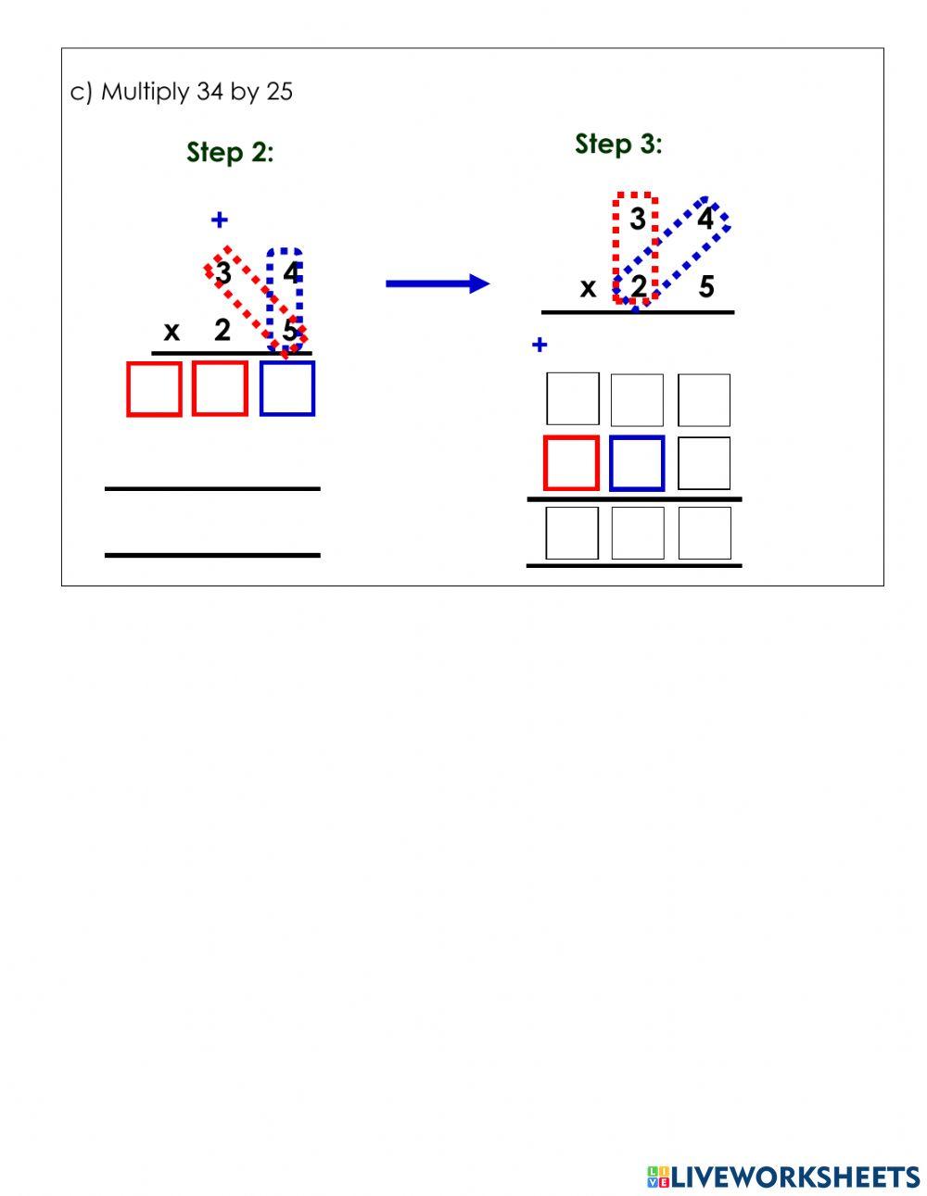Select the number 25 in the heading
[279, 92]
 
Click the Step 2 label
[230, 152]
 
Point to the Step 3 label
[618, 144]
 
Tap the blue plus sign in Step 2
[219, 220]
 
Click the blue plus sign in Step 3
[540, 346]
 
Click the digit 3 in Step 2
[222, 274]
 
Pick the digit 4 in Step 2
[292, 274]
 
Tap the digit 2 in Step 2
[222, 329]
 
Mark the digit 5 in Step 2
[290, 331]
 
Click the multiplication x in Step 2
[171, 331]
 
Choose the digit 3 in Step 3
[637, 220]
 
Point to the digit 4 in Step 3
[705, 220]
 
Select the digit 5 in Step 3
[706, 287]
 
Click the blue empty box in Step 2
[287, 388]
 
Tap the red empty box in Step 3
[571, 463]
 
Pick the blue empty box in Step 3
[638, 463]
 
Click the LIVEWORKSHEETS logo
[783, 1177]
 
